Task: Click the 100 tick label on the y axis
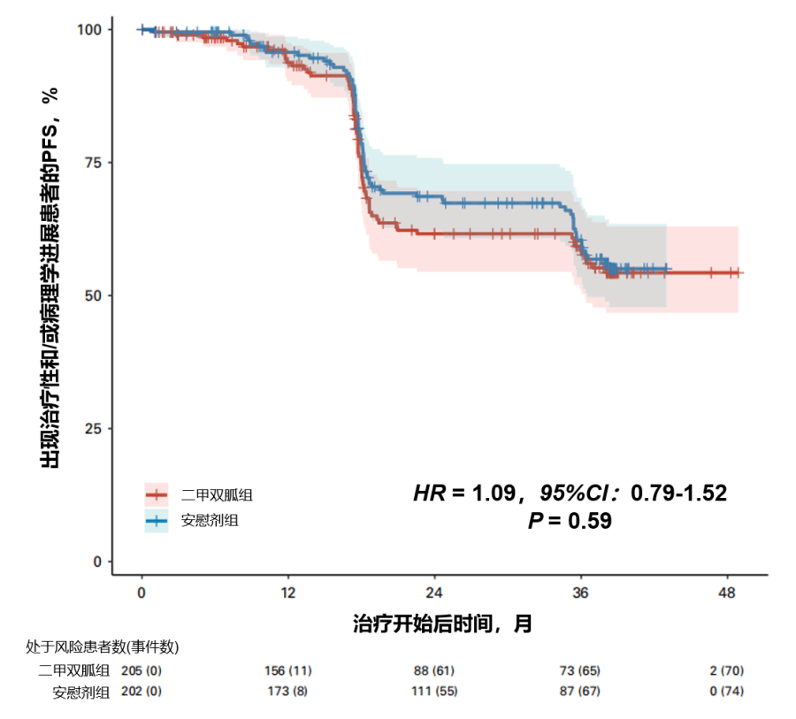[x=90, y=29]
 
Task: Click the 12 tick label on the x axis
[x=287, y=591]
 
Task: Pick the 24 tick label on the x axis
[x=434, y=591]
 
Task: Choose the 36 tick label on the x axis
[x=580, y=591]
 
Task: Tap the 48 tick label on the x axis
[x=727, y=591]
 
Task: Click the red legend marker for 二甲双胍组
[x=157, y=494]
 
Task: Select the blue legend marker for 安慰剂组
[x=157, y=521]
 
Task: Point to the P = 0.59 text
[x=570, y=521]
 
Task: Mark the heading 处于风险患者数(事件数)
[x=103, y=646]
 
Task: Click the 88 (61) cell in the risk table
[x=434, y=670]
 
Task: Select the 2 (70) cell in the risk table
[x=726, y=670]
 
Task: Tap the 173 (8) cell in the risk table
[x=287, y=692]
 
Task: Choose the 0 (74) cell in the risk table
[x=726, y=692]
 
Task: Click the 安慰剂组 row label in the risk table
[x=81, y=692]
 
